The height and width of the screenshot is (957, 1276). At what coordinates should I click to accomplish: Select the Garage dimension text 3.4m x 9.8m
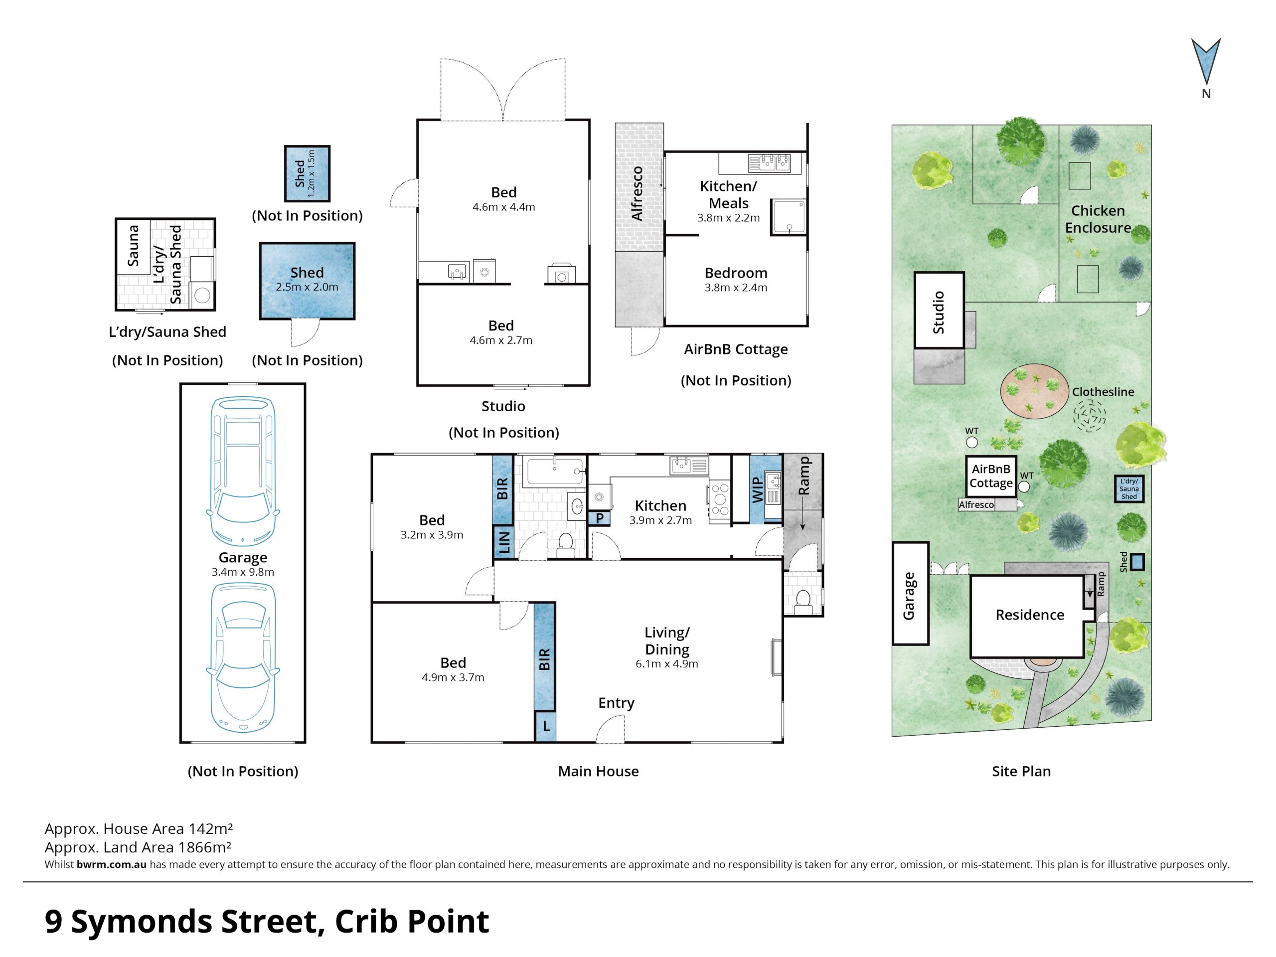(x=243, y=572)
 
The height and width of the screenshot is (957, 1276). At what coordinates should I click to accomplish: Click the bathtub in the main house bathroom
(x=554, y=472)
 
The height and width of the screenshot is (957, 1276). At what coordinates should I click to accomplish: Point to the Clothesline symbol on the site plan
(x=1089, y=414)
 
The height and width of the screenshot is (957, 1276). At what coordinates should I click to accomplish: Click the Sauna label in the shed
(x=133, y=246)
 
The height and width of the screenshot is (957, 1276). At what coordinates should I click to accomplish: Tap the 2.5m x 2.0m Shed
(x=307, y=281)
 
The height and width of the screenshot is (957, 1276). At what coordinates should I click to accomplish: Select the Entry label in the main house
(x=616, y=703)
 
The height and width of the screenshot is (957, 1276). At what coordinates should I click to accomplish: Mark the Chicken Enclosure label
(x=1098, y=219)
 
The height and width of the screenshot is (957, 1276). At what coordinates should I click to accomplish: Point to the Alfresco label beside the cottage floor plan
(x=637, y=193)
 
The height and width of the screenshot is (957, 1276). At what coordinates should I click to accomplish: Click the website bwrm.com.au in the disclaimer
(x=111, y=864)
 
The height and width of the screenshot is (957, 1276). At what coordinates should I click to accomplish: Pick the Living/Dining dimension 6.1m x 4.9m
(x=667, y=664)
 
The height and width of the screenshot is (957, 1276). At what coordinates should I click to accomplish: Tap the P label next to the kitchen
(x=600, y=518)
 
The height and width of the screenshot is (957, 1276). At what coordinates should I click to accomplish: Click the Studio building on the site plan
(x=939, y=311)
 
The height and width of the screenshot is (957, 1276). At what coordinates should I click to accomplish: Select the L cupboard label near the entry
(x=546, y=727)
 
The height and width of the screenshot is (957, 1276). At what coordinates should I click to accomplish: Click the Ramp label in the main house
(x=803, y=476)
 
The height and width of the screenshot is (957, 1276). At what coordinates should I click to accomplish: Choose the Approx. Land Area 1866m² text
(x=138, y=847)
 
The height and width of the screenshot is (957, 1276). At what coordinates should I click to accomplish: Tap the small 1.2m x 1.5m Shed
(x=308, y=173)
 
